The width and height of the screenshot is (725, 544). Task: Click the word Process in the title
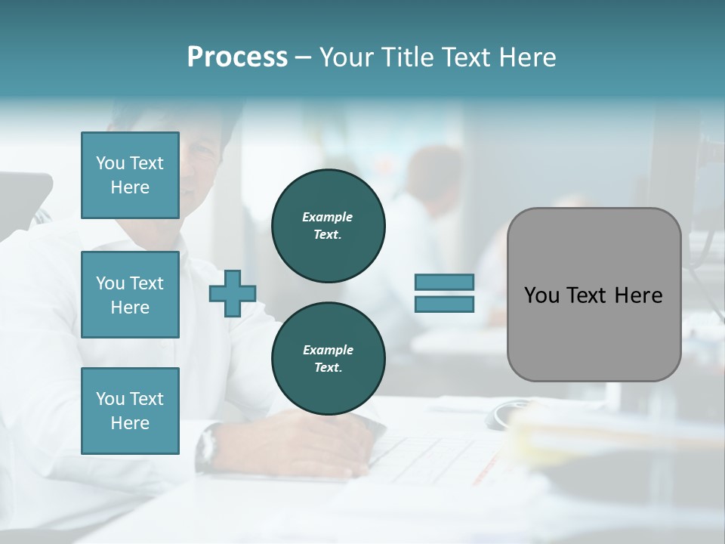coord(237,57)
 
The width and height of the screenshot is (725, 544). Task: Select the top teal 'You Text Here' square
coord(130,175)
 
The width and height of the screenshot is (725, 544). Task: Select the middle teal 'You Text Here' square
coord(130,295)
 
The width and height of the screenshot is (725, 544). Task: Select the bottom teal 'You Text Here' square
coord(130,411)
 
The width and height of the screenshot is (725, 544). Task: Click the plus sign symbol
coord(233,292)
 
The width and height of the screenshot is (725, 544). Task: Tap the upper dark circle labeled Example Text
coord(328,226)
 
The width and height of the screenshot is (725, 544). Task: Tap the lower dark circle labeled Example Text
coord(328,359)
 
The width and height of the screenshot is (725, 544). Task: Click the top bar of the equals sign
coord(444,283)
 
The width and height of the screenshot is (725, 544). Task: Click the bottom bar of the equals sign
coord(444,304)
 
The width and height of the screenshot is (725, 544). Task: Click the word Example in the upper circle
coord(328,217)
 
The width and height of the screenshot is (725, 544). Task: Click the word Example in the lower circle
coord(328,350)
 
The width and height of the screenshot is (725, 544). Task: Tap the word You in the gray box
coord(541,295)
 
